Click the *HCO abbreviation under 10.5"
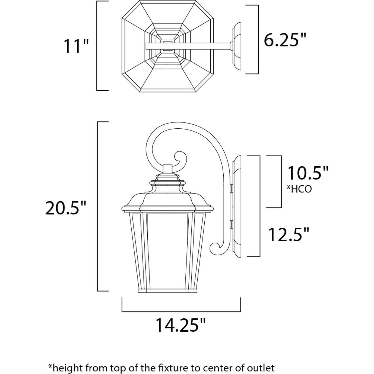(299, 189)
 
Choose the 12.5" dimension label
(289, 234)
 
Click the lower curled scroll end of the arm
(215, 248)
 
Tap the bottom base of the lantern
(167, 291)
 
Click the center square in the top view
(167, 45)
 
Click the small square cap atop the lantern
(167, 169)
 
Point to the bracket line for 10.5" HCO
(281, 182)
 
